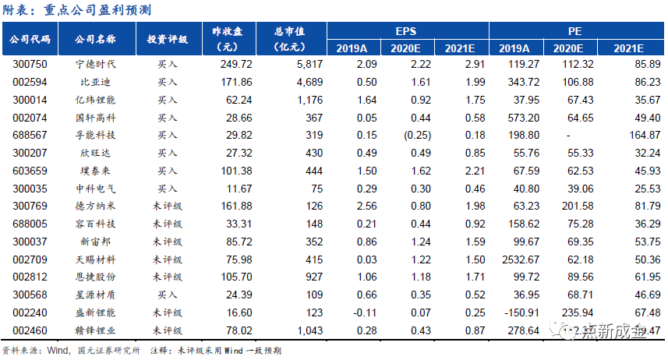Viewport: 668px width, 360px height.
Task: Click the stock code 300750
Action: (x=30, y=64)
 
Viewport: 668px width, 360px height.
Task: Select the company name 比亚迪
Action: (x=95, y=82)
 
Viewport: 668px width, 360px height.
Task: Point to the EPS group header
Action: (x=406, y=31)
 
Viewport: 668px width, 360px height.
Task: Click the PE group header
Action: (x=575, y=31)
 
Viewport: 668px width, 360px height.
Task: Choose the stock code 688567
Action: (x=30, y=135)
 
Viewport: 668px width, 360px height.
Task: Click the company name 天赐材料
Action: (x=95, y=259)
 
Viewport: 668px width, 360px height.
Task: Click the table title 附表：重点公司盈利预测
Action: (x=76, y=9)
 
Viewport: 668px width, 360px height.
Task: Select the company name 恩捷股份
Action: (x=95, y=277)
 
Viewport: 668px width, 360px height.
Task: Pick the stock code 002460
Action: (x=30, y=330)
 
